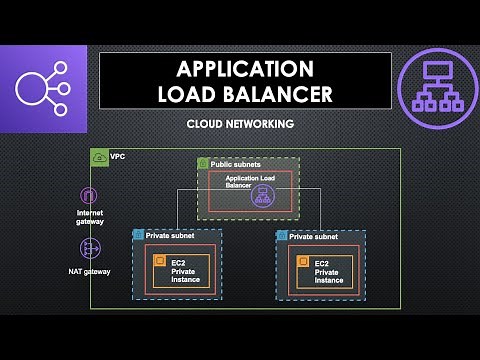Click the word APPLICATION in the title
[244, 69]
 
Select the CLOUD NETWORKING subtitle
[239, 125]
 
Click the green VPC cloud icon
[99, 157]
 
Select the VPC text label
[117, 157]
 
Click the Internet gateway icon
[90, 196]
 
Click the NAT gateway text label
[90, 271]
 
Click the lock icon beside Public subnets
[203, 163]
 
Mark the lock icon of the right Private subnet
[282, 236]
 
